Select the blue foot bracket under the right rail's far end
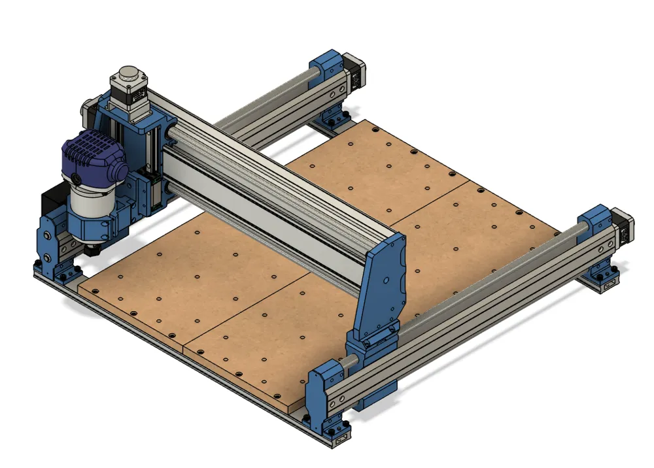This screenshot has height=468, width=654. [x=602, y=277]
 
